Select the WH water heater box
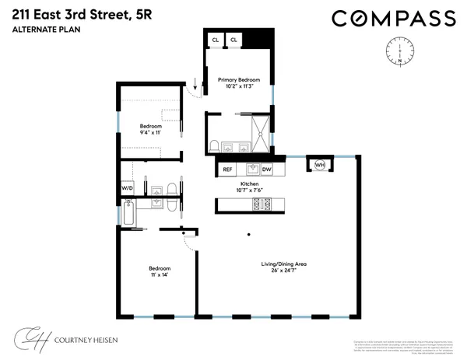[x=320, y=165]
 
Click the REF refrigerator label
[x=227, y=169]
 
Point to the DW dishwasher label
[x=266, y=169]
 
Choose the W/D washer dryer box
[x=127, y=189]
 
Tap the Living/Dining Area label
[x=283, y=264]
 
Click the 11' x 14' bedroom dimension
[x=159, y=276]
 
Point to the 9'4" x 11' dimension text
[x=150, y=133]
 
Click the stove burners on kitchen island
[x=260, y=204]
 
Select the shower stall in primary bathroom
[x=262, y=129]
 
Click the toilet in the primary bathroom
[x=214, y=145]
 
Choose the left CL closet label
[x=215, y=39]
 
